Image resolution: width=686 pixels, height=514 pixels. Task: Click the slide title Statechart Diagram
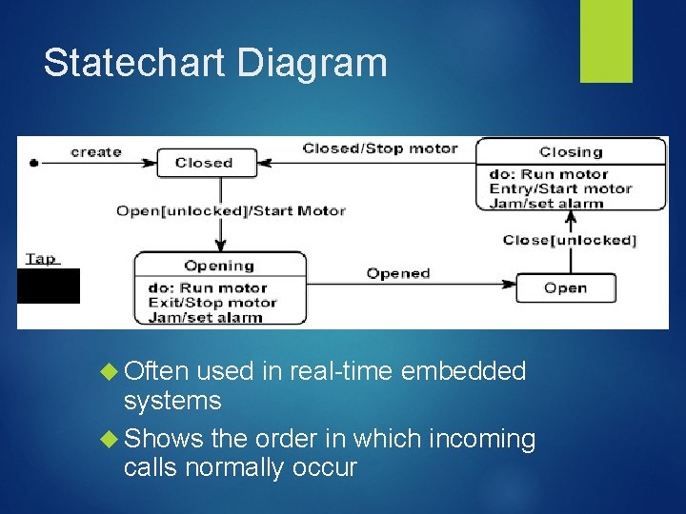coord(215,63)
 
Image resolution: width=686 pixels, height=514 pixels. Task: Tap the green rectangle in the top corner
coord(607,41)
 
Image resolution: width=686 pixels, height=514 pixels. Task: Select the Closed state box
coord(204,163)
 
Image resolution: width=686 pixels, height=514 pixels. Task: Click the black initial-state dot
coord(34,163)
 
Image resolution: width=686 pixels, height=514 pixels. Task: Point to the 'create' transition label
coord(96,151)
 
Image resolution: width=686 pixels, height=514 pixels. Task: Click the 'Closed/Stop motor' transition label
coord(379,148)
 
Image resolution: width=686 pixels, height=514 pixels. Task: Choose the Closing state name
coord(571,151)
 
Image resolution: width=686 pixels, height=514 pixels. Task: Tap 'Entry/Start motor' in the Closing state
coord(560,188)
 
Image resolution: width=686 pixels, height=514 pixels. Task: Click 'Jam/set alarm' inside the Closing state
coord(546,203)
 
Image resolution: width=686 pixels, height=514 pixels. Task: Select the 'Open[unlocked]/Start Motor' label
coord(230,210)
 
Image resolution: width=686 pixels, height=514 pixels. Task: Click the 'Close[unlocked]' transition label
coord(569,239)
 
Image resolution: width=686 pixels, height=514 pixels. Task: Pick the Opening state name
coord(219,266)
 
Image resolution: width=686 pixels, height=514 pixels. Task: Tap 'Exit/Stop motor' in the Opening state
coord(212,303)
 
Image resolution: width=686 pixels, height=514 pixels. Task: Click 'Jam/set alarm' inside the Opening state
coord(205,317)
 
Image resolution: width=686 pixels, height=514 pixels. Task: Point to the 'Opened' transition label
coord(398,273)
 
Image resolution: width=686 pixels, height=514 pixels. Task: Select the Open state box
coord(566,287)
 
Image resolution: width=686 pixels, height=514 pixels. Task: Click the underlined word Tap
coord(40,258)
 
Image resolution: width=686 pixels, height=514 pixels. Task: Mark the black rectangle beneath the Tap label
coord(49,286)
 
